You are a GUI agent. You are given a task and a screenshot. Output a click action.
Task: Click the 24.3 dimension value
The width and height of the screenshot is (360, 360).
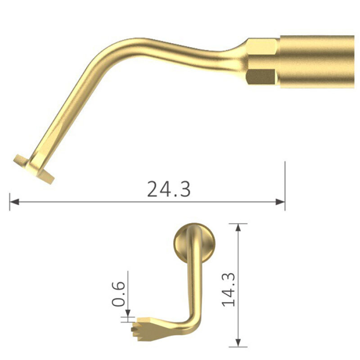click(168, 189)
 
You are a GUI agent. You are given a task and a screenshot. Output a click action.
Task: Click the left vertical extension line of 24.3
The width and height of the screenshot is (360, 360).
click(10, 202)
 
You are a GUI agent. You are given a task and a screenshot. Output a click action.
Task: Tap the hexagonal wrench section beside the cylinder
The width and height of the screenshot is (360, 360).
click(262, 62)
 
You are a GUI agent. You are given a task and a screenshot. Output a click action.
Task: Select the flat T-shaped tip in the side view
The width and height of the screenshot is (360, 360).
click(34, 168)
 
